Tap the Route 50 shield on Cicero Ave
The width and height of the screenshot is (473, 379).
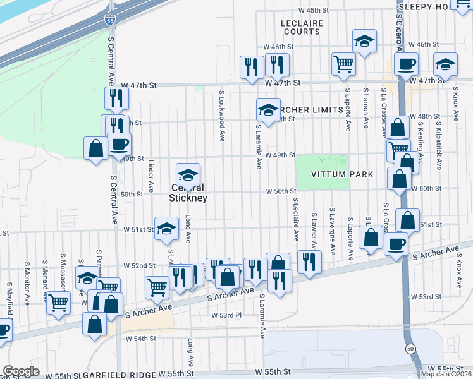(x=410, y=348)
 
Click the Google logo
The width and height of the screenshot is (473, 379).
(x=21, y=371)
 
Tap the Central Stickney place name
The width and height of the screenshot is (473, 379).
(x=188, y=193)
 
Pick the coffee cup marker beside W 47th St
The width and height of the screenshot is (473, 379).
(x=406, y=64)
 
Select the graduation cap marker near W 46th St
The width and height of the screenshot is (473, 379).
(x=364, y=42)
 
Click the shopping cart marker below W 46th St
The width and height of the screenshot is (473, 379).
(x=343, y=63)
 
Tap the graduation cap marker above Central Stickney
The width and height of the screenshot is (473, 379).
(x=188, y=175)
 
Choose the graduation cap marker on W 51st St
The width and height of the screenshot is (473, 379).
(x=166, y=229)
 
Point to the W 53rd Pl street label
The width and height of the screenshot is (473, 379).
(x=226, y=315)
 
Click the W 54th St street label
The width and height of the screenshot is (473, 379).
(x=140, y=339)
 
